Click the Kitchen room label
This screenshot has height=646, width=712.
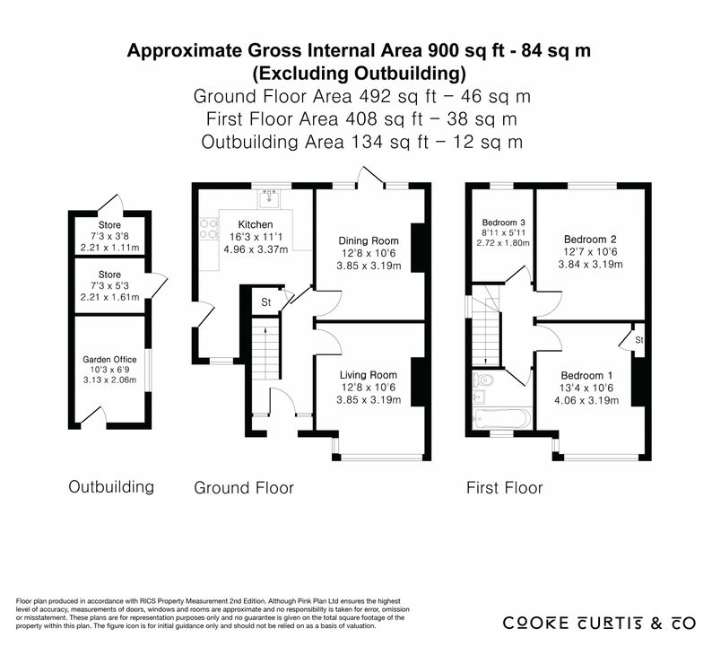pos(256,224)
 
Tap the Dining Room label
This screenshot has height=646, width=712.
pos(369,240)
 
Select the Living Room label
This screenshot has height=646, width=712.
pos(369,375)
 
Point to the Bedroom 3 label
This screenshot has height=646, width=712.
pos(504,223)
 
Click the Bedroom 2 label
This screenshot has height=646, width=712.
pos(590,240)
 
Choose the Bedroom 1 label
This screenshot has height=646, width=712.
pos(586,376)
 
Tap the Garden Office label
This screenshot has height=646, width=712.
pos(109,360)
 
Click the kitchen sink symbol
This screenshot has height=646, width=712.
pos(270,198)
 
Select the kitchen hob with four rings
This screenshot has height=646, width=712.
pos(209,229)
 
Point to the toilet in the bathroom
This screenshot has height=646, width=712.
pos(482,379)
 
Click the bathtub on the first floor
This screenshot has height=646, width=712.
pos(501,418)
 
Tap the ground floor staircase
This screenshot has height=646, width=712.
pos(265,349)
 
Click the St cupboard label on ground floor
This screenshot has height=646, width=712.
pos(266,302)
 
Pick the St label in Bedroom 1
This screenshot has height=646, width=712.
pos(639,340)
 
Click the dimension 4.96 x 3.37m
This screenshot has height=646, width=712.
pos(256,249)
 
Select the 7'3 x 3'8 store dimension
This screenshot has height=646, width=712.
pos(109,236)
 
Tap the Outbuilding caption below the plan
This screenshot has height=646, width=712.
pos(111,486)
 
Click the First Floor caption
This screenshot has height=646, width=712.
pos(505,488)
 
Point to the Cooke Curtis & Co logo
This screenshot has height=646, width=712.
pos(599,623)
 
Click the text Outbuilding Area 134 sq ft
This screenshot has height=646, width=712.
pos(315,142)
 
